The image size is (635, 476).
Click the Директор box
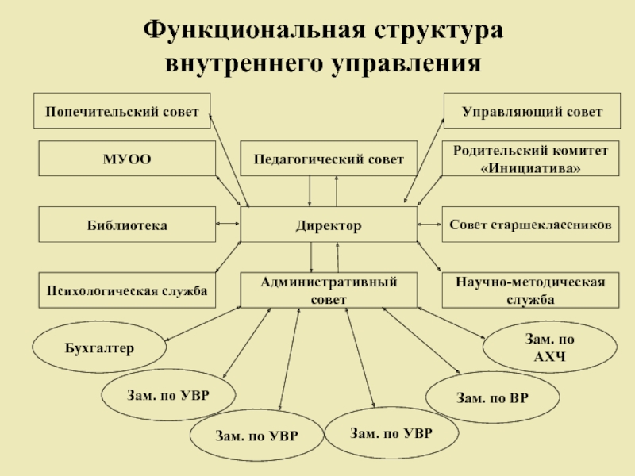tap(329, 225)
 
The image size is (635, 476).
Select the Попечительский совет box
tap(121, 111)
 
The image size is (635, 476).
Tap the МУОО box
tap(127, 159)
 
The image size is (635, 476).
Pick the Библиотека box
tap(127, 225)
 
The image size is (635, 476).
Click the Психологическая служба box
tap(127, 291)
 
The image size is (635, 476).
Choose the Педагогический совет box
tap(329, 159)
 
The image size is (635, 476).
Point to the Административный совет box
tap(329, 290)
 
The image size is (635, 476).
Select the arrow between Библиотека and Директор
tap(228, 225)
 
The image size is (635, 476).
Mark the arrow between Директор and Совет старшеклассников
tap(429, 225)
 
